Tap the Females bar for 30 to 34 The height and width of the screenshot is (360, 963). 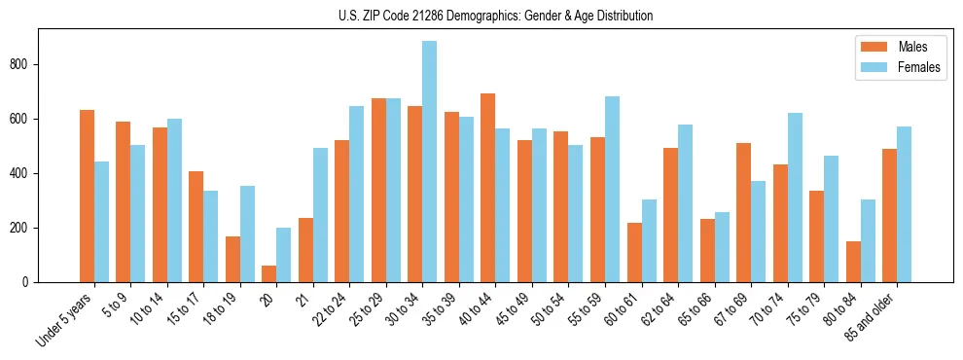tap(429, 162)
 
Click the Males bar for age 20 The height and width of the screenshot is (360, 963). tap(269, 273)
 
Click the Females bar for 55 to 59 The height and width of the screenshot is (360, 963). tap(612, 189)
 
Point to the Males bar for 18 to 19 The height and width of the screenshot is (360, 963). tap(232, 259)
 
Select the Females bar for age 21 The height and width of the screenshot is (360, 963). tap(320, 215)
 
